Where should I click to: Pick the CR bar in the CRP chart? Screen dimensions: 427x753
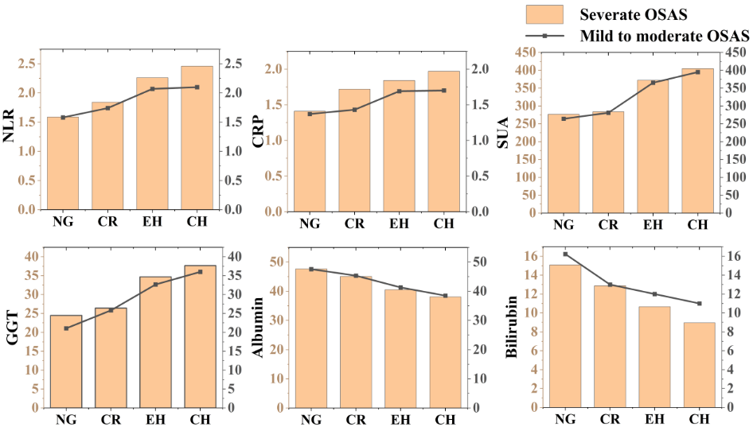click(x=354, y=150)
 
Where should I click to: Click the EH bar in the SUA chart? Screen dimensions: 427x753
click(x=653, y=146)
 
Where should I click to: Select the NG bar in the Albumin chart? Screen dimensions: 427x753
click(x=311, y=338)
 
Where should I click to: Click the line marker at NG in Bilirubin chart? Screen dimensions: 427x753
click(x=564, y=254)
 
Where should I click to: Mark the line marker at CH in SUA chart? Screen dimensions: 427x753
click(x=697, y=72)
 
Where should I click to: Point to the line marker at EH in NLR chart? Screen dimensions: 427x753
click(x=152, y=89)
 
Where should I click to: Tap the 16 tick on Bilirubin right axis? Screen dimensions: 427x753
click(x=735, y=256)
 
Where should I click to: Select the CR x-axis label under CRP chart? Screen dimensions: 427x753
click(x=355, y=223)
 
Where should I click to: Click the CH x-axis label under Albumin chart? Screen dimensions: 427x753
click(x=445, y=419)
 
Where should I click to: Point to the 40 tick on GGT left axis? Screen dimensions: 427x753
click(x=32, y=257)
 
